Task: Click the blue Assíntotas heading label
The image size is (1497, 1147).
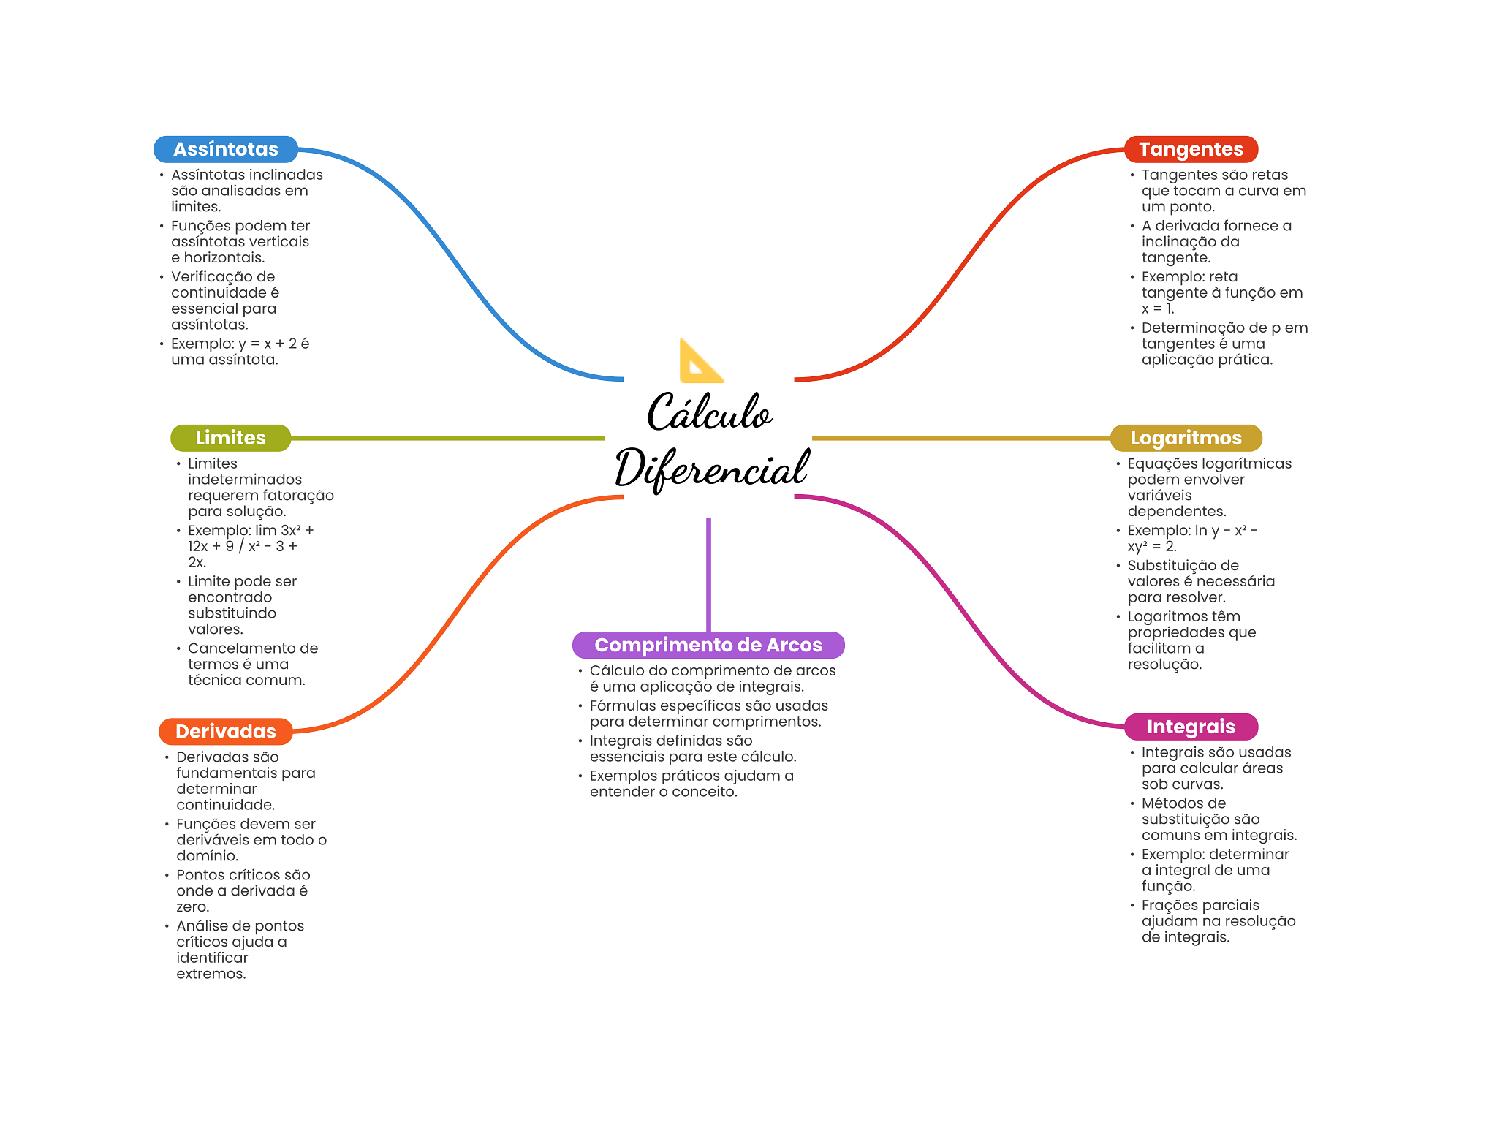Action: (x=225, y=149)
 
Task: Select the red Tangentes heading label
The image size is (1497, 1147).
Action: (x=1191, y=149)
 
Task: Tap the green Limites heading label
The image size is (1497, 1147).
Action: (x=230, y=438)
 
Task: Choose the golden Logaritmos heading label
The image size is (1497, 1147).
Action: (x=1186, y=438)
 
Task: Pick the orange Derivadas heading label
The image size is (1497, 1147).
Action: (x=226, y=731)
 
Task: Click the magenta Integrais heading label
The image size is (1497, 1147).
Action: (x=1191, y=727)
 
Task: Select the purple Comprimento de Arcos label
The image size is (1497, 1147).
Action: (x=708, y=645)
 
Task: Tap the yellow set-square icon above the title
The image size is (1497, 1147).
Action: (x=700, y=362)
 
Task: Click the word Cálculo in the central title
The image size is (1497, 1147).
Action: (x=708, y=412)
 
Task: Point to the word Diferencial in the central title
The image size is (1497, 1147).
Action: (x=712, y=469)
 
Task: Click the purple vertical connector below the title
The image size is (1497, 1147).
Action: (x=708, y=574)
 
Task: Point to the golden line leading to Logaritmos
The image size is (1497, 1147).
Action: (x=960, y=438)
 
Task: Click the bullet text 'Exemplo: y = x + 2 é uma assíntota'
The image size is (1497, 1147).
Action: (x=240, y=352)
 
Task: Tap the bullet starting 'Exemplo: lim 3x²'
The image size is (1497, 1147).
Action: (x=250, y=546)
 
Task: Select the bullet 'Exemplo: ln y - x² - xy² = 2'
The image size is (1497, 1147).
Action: (x=1191, y=538)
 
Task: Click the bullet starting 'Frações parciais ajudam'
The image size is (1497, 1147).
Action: (x=1218, y=921)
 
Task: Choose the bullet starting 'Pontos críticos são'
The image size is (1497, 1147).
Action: (x=243, y=890)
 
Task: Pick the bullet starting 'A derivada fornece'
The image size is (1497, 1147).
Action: (x=1216, y=241)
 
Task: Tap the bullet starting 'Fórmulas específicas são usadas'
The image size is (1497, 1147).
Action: (x=708, y=713)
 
